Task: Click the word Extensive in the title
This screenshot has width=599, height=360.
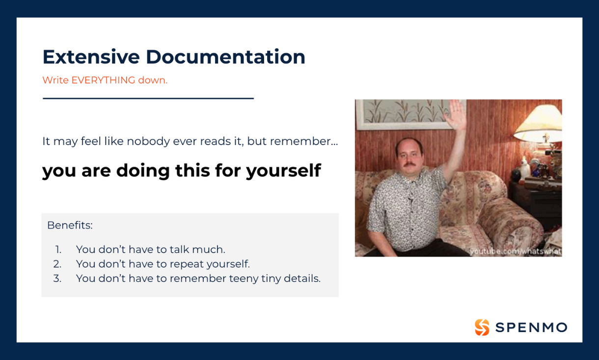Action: tap(91, 57)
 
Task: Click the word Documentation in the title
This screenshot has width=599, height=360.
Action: tap(225, 57)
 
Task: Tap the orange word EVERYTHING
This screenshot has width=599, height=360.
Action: tap(103, 80)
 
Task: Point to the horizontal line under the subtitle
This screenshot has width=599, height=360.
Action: tap(148, 98)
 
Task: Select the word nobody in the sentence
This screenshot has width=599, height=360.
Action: tap(148, 141)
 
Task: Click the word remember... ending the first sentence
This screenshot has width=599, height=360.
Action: tap(304, 141)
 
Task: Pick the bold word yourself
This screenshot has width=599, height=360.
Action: tap(283, 170)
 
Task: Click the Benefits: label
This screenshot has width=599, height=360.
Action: tap(70, 225)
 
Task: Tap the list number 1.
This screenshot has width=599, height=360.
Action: tap(58, 249)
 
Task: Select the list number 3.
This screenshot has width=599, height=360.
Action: tap(57, 278)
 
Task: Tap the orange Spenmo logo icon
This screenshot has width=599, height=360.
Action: tap(482, 327)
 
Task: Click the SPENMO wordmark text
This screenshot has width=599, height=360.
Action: tap(531, 328)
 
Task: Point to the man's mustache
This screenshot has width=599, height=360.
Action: tap(409, 164)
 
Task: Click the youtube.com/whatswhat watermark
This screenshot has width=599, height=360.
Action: tap(516, 251)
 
